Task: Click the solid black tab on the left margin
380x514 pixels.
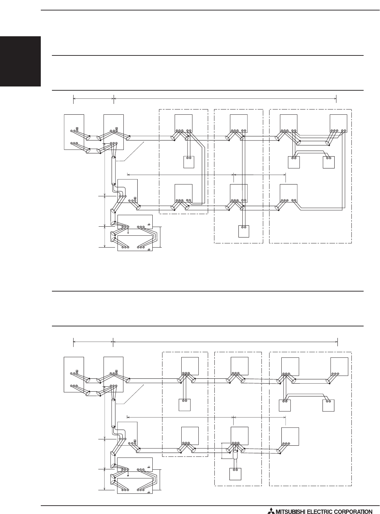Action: (x=20, y=61)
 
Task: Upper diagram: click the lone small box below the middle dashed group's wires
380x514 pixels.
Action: (x=244, y=231)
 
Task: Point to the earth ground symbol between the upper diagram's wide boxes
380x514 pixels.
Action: (x=128, y=232)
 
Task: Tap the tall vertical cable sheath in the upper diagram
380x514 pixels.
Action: (x=114, y=170)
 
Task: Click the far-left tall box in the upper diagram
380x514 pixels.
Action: (x=74, y=132)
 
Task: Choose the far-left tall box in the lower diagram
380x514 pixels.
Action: (x=74, y=375)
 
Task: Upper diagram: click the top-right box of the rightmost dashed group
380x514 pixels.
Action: (x=338, y=123)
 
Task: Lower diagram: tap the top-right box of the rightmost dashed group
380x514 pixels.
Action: (x=339, y=366)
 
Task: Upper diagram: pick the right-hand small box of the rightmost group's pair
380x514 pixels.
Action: (x=328, y=162)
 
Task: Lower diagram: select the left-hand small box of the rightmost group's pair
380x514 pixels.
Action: (x=285, y=405)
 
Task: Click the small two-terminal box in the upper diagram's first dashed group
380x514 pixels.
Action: (x=189, y=162)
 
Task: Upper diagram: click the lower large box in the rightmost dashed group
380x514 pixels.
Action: (x=288, y=193)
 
